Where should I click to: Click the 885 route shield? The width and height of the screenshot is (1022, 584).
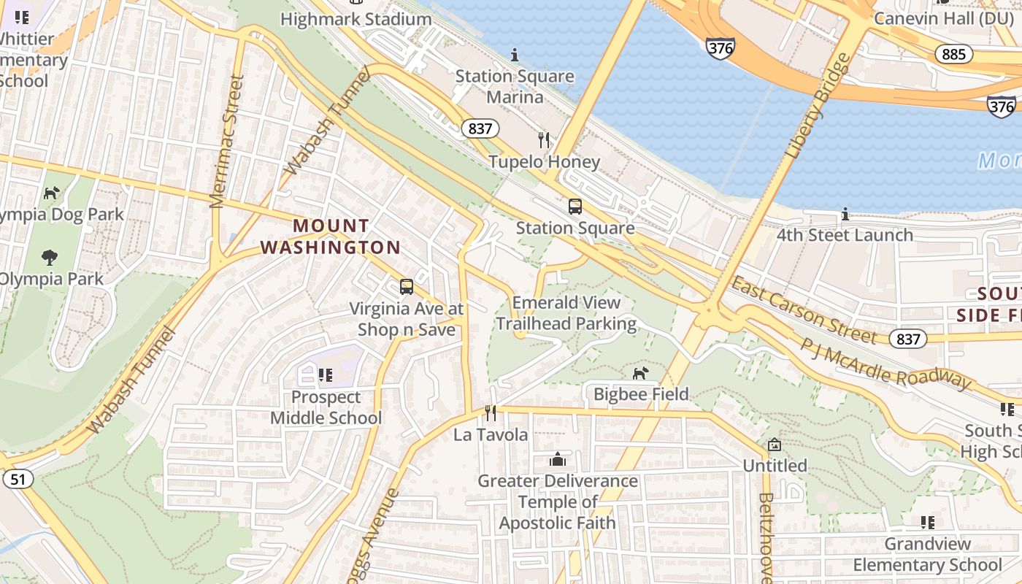[x=953, y=54]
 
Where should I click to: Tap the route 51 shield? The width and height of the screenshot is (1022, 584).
[x=18, y=479]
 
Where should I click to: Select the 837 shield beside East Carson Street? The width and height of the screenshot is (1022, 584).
[x=908, y=339]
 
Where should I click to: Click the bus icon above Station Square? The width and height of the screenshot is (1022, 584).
[x=575, y=207]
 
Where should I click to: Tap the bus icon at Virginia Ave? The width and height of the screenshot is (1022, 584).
[x=407, y=287]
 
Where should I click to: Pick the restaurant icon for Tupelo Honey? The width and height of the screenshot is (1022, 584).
[x=544, y=140]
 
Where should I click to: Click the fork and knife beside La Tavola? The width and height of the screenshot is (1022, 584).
[x=491, y=413]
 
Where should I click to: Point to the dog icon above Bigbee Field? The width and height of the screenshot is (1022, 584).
[x=640, y=373]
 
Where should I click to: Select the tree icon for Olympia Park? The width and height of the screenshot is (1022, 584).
[x=50, y=258]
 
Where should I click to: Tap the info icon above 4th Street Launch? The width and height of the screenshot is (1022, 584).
[x=845, y=214]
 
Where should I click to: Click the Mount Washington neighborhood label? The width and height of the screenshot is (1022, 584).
[x=331, y=237]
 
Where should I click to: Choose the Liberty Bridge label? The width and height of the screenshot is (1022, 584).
[x=818, y=106]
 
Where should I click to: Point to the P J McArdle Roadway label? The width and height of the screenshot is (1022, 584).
[x=886, y=364]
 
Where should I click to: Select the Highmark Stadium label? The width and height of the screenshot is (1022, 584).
[x=356, y=19]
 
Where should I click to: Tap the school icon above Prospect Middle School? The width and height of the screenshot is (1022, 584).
[x=326, y=375]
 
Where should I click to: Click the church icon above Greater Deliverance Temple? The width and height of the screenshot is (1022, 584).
[x=558, y=460]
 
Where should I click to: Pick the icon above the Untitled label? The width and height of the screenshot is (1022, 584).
[x=775, y=445]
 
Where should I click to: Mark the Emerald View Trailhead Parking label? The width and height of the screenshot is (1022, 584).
[x=566, y=312]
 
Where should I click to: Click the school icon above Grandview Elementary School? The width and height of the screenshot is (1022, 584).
[x=927, y=522]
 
